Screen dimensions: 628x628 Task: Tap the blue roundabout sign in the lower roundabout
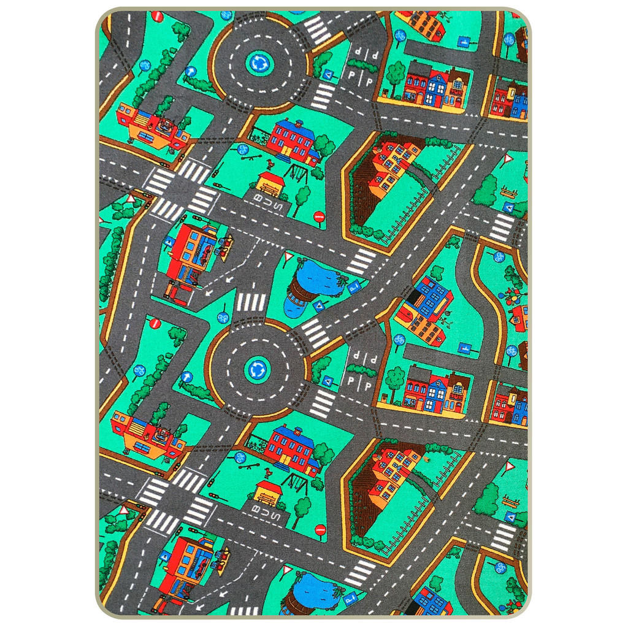(256, 369)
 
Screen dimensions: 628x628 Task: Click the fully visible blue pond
(319, 279)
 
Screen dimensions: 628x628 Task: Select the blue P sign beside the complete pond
(354, 286)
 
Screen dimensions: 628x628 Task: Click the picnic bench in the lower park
(509, 500)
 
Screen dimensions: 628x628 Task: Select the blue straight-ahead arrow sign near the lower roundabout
(186, 376)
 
